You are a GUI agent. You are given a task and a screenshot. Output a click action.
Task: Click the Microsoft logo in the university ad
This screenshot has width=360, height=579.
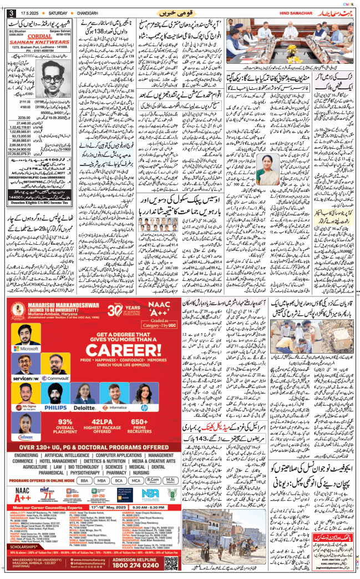click(27, 349)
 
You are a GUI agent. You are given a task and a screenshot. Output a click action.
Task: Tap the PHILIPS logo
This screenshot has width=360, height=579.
click(56, 408)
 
